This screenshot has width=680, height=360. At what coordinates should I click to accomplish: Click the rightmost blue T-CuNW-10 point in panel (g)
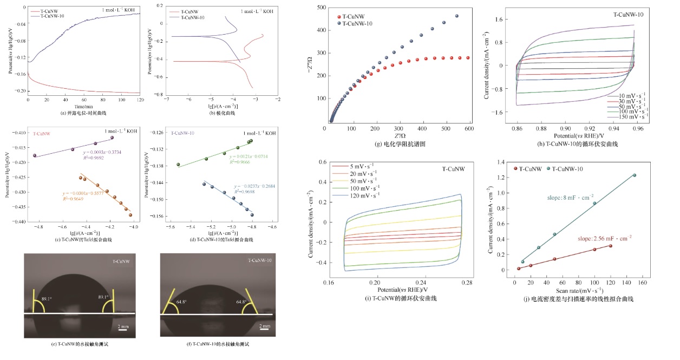click(456, 16)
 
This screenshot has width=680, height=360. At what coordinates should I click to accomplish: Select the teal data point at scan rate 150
click(634, 175)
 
